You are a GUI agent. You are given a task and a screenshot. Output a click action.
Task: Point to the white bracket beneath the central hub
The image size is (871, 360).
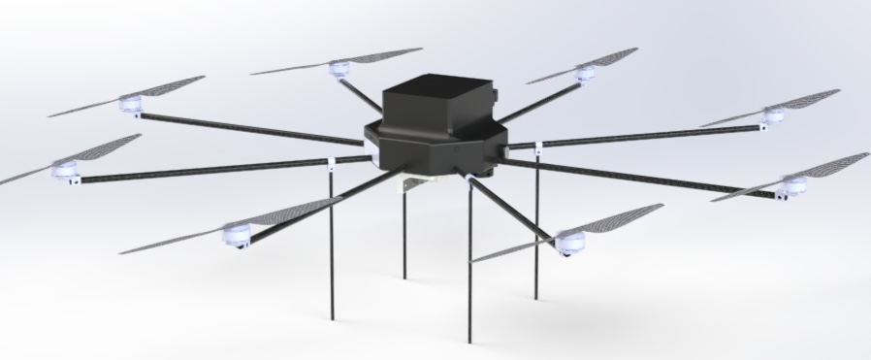[412, 182]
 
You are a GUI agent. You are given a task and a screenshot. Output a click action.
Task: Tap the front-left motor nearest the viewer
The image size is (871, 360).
[237, 233]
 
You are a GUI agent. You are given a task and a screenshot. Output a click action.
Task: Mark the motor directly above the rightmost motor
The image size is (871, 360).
[772, 115]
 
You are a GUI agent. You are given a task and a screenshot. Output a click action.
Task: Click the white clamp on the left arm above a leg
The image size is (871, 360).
[333, 160]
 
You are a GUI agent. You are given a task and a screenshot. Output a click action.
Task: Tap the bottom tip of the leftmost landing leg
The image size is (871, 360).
[333, 319]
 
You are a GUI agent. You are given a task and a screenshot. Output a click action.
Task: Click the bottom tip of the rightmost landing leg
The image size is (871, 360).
[536, 296]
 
